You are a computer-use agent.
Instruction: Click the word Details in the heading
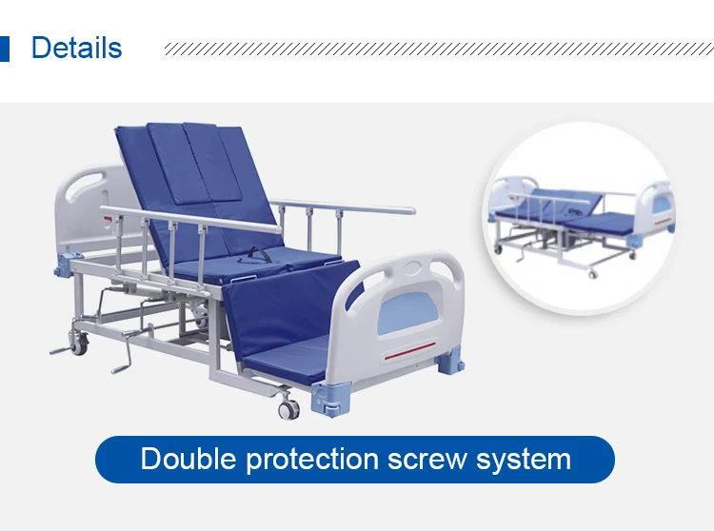76,48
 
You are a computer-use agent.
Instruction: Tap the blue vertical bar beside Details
5,48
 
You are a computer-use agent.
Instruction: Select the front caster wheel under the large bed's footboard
288,408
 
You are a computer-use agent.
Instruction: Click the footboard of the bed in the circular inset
656,206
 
